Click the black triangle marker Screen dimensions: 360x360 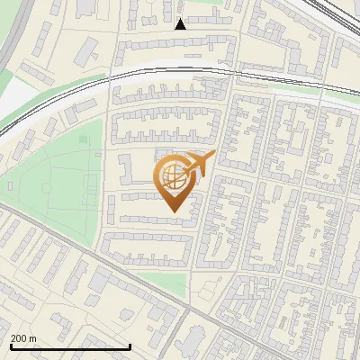point(180,24)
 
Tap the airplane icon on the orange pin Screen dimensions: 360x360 point(199,165)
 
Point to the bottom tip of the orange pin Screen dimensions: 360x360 point(174,212)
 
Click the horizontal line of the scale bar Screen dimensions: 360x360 point(70,346)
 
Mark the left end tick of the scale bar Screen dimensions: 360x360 point(11,345)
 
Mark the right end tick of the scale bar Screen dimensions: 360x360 point(130,345)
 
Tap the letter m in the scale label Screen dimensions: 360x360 point(33,337)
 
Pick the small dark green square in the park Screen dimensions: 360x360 point(84,139)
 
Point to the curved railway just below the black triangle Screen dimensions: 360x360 point(180,67)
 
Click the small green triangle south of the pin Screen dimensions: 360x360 point(166,284)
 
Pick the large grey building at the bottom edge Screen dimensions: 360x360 point(193,342)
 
